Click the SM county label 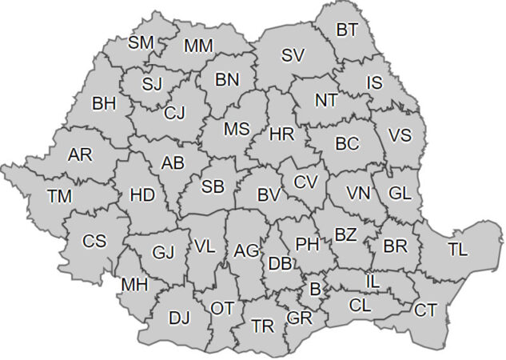pos(141,41)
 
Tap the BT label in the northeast pos(348,30)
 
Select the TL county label pos(458,250)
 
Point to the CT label pos(426,309)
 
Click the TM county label pos(59,195)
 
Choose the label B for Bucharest pos(314,287)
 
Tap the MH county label pos(133,284)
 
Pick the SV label pos(293,55)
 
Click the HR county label pos(282,134)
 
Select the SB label pos(213,186)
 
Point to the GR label pos(299,318)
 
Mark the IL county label pos(373,281)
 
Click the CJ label pos(174,113)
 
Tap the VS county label pos(400,135)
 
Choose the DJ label pos(180,318)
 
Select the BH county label pos(104,102)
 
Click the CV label pos(305,182)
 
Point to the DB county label pos(279,263)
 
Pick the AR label pos(80,155)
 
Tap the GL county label pos(400,193)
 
